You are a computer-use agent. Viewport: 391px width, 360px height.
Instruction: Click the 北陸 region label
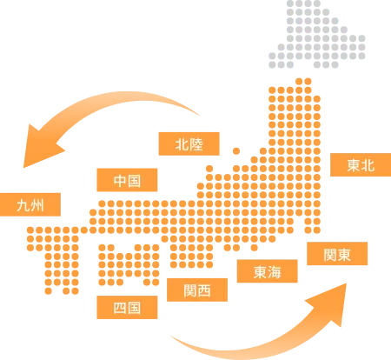click(189, 143)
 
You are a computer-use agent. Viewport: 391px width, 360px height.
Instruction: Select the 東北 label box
click(361, 164)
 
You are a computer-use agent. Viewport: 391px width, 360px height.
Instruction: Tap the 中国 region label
click(127, 180)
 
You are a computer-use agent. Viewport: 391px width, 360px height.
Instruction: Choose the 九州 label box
click(30, 204)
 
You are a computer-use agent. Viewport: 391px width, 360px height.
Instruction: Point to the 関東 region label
click(337, 254)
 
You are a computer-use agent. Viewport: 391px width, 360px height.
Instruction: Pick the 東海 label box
click(268, 271)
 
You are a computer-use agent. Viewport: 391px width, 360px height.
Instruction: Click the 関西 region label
click(197, 290)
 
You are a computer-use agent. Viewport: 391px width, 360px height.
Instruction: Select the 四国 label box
click(127, 308)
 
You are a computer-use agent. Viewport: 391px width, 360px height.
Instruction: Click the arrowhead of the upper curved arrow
click(41, 147)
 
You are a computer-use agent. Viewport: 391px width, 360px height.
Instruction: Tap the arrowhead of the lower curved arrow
click(331, 303)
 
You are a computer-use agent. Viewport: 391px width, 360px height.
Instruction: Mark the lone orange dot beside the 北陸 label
click(236, 151)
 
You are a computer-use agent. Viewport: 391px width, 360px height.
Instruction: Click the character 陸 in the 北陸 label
click(196, 144)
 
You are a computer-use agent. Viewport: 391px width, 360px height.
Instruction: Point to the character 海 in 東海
click(275, 271)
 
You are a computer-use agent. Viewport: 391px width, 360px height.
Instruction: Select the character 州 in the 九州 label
click(37, 205)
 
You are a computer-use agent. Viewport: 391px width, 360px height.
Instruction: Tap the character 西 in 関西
click(204, 290)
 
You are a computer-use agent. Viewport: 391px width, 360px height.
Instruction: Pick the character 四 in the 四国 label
click(120, 308)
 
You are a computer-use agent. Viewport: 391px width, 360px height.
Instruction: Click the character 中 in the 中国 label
click(120, 180)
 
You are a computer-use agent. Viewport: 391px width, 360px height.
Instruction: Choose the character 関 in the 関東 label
click(330, 254)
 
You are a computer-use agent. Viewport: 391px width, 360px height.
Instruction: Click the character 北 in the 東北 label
click(368, 165)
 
